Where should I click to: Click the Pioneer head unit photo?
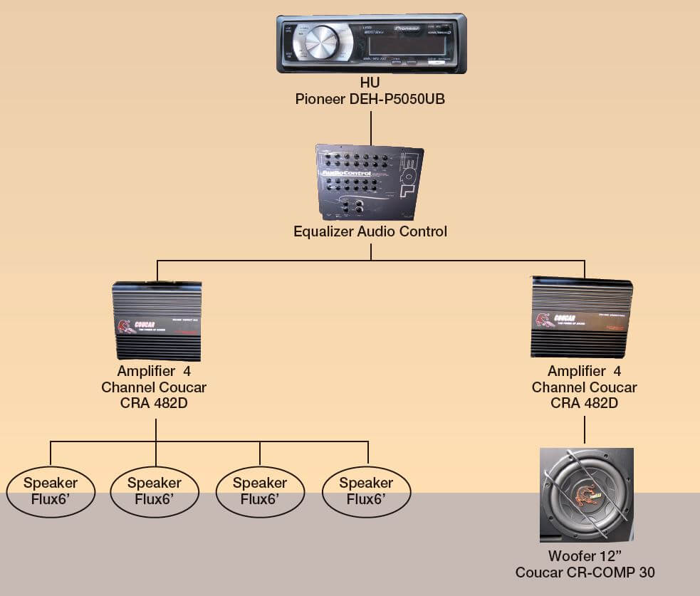pyautogui.click(x=371, y=43)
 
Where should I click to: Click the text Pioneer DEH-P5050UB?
pyautogui.click(x=370, y=99)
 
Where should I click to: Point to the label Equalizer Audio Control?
pyautogui.click(x=370, y=231)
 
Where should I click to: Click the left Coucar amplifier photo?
pyautogui.click(x=157, y=321)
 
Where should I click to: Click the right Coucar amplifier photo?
pyautogui.click(x=582, y=317)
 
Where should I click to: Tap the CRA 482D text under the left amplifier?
pyautogui.click(x=157, y=403)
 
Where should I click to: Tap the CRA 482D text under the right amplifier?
pyautogui.click(x=584, y=403)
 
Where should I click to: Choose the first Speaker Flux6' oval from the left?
pyautogui.click(x=51, y=491)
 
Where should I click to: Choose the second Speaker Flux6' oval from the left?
pyautogui.click(x=155, y=491)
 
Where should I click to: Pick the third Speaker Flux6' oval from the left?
pyautogui.click(x=259, y=491)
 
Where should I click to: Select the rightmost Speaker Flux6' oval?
pyautogui.click(x=367, y=491)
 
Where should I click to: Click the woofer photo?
pyautogui.click(x=586, y=495)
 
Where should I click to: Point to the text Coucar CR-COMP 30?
pyautogui.click(x=585, y=573)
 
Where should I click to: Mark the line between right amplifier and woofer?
pyautogui.click(x=585, y=430)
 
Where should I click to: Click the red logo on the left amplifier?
pyautogui.click(x=125, y=327)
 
